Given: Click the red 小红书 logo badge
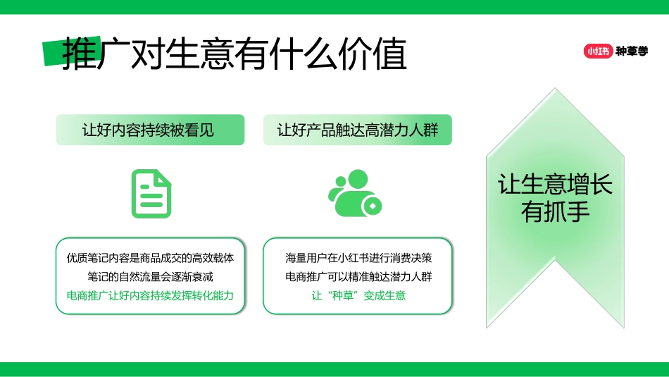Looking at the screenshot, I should coord(597,51).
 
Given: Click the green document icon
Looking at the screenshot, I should coord(151,194).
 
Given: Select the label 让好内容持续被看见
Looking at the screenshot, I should coord(150,130).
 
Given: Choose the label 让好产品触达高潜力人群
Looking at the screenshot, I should coord(357,130).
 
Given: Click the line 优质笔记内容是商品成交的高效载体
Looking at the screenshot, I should coord(150,258).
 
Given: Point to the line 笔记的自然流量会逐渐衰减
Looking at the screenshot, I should coord(150,276).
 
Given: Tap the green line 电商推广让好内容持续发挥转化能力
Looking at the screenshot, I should coord(150,295).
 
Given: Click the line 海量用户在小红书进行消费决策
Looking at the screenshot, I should coord(357,258).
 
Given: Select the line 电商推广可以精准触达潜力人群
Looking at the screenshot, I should coord(357,276).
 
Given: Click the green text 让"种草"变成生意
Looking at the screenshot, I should coord(357,295).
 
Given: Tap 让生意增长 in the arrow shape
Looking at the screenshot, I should coord(555,185).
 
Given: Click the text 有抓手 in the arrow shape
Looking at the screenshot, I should coord(555,211).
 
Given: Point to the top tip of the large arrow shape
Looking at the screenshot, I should coord(555,90).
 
